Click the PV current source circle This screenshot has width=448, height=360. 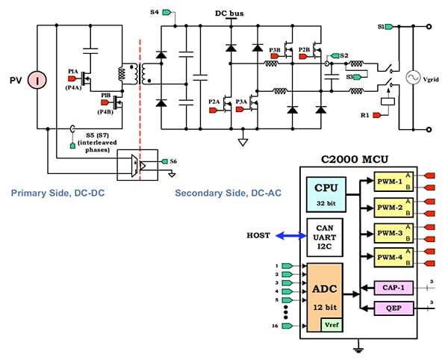[34, 79]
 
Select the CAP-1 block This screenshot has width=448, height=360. [393, 287]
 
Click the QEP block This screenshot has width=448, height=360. [393, 307]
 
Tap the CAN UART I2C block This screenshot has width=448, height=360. [326, 237]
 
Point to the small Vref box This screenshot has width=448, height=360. [330, 323]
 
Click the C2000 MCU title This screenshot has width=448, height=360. [358, 159]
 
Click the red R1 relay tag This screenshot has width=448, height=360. [380, 115]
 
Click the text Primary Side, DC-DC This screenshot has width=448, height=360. [58, 193]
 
